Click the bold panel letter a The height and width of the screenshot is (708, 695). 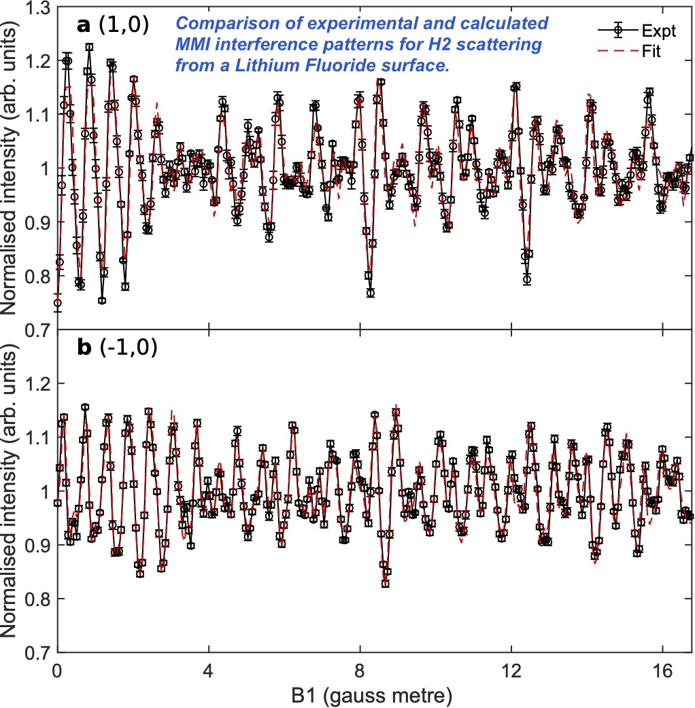point(83,26)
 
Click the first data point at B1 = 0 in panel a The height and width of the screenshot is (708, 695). point(57,303)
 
